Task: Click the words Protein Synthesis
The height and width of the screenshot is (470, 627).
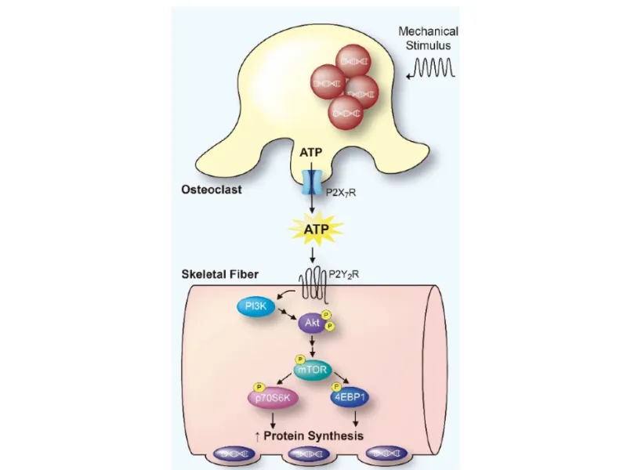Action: click(318, 436)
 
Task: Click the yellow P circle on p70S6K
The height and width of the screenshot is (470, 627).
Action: click(256, 387)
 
